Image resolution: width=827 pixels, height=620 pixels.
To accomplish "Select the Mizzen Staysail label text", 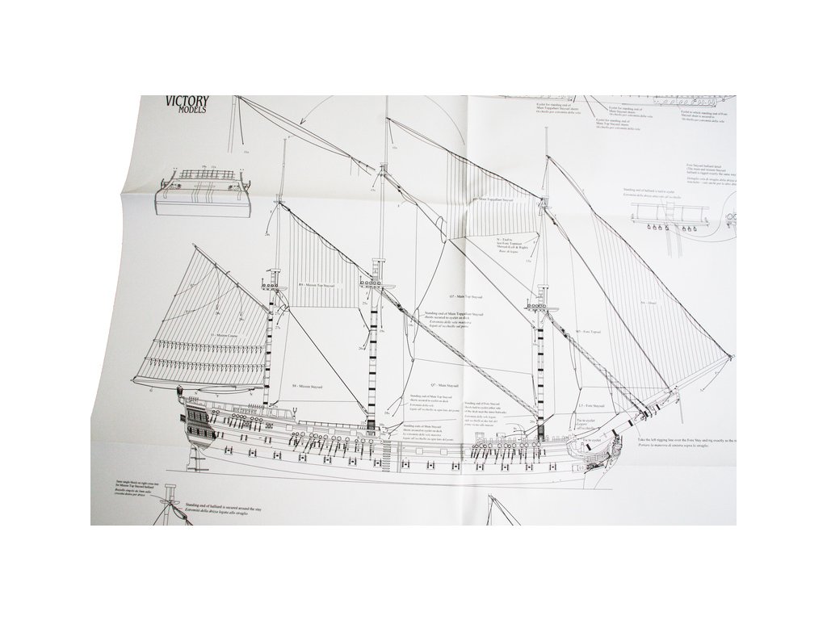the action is pos(308,387).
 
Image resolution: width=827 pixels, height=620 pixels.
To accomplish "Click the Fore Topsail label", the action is pos(590,331).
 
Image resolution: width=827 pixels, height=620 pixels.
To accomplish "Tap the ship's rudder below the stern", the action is pos(191,457).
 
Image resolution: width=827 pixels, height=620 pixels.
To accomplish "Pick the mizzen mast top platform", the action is pos(272,286).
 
